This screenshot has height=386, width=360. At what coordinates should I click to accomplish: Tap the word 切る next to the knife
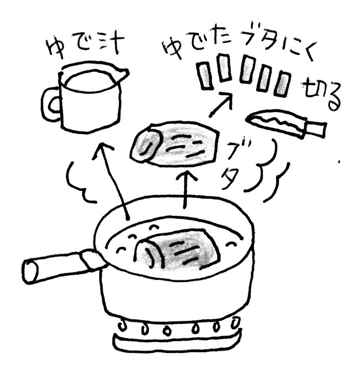321,95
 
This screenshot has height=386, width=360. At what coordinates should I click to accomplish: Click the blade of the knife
276,122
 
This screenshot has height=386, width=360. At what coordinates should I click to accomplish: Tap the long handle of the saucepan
61,267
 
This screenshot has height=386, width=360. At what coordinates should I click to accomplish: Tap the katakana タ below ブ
230,179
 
